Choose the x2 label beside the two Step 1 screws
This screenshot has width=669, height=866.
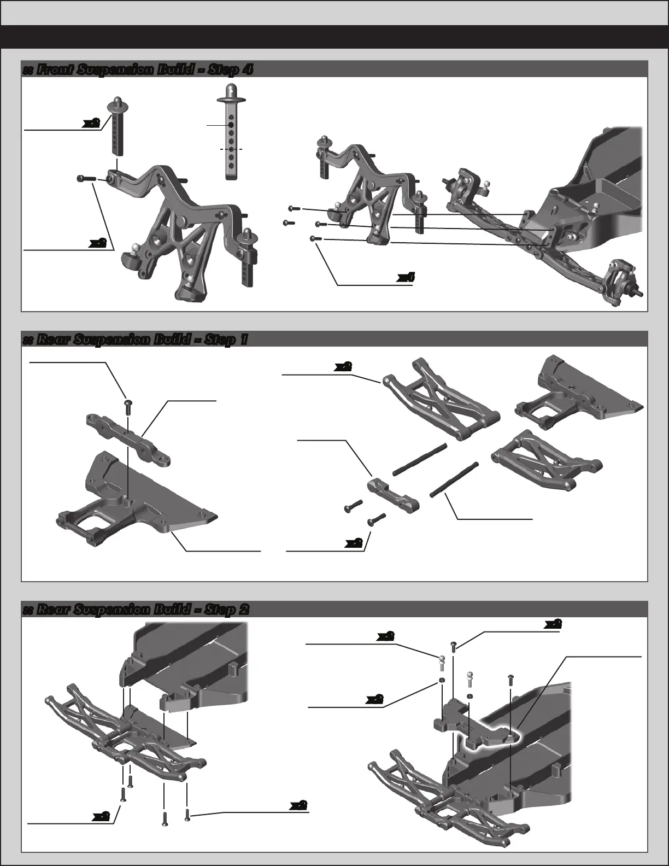[354, 543]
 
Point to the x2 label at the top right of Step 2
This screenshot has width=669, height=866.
[554, 623]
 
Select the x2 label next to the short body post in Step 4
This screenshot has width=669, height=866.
[91, 124]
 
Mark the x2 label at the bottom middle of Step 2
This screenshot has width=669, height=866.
[298, 805]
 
